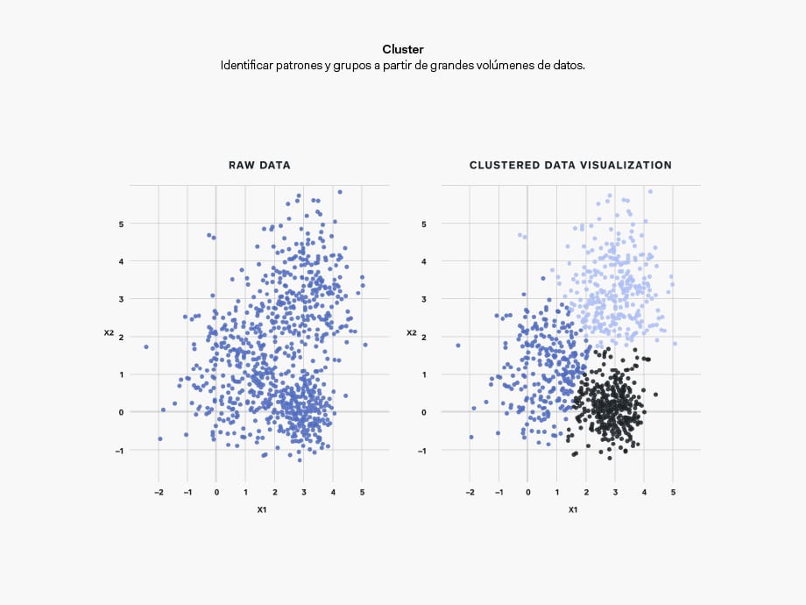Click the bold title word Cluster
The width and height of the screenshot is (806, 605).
pos(403,50)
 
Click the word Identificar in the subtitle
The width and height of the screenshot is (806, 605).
pos(247,66)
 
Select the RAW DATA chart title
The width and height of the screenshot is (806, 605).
pos(259,165)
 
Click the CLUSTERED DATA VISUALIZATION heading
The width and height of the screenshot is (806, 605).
pos(570,165)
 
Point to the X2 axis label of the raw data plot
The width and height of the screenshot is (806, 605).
pos(109,333)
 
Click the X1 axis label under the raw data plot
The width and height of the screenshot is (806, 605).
pos(261,509)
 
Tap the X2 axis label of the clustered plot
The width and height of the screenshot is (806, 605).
pos(411,333)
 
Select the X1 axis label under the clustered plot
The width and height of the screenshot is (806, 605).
pos(573,509)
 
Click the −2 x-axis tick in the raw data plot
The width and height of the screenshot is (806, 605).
pos(158,493)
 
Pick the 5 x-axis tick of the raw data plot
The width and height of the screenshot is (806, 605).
pos(362,493)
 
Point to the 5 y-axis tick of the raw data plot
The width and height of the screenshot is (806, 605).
pos(123,224)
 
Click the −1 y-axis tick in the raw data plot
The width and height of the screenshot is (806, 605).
pos(121,450)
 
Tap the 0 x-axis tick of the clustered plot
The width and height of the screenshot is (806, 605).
pos(527,493)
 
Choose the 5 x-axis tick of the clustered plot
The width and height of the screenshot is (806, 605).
pos(673,493)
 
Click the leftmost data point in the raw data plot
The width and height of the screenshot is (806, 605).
pos(145,346)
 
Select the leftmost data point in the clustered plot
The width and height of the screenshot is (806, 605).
pos(457,345)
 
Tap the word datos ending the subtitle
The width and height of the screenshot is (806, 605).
pos(567,66)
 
